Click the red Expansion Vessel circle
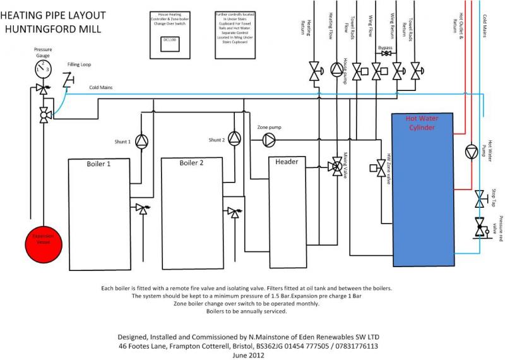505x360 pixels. click(x=42, y=241)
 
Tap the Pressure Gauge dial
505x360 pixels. click(x=43, y=65)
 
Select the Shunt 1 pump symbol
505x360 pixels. click(x=142, y=141)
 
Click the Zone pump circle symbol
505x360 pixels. click(x=269, y=138)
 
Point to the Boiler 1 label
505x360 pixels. click(x=98, y=164)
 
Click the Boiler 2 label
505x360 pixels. click(x=191, y=164)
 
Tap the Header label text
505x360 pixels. click(x=287, y=162)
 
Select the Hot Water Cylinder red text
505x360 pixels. click(x=422, y=123)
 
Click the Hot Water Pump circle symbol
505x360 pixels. click(x=472, y=152)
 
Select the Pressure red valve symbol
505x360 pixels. click(x=480, y=226)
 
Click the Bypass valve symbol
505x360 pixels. click(x=386, y=54)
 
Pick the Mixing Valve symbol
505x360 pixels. click(x=337, y=167)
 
